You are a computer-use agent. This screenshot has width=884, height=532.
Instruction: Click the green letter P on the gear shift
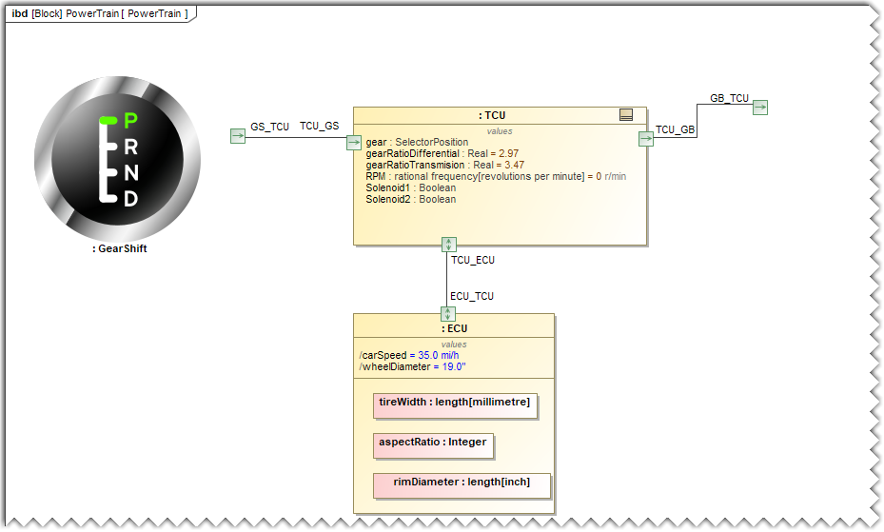(x=131, y=120)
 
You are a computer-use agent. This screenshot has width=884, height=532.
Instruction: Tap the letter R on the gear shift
(x=131, y=147)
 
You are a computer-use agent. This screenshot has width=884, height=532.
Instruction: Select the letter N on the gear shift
(x=131, y=172)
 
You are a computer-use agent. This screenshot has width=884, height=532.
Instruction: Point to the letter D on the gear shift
(x=131, y=199)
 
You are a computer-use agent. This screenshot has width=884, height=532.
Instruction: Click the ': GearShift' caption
(x=120, y=249)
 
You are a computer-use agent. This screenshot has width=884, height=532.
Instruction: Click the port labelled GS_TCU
(x=238, y=136)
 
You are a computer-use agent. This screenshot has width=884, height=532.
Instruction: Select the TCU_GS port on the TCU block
(x=354, y=142)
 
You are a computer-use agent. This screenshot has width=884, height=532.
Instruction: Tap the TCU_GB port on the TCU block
(x=646, y=138)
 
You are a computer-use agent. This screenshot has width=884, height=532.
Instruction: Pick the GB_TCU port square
(x=760, y=108)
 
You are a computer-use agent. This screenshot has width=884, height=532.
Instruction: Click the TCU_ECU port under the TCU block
(x=449, y=245)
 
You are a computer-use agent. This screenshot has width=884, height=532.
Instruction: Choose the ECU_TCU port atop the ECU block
(x=448, y=314)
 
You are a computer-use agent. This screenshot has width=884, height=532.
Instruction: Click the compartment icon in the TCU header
(x=626, y=115)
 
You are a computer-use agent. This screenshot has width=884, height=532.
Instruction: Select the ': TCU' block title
(x=492, y=115)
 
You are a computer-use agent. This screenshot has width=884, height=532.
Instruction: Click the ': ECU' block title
(x=454, y=328)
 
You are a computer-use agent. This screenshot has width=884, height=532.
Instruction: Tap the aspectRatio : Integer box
(x=433, y=443)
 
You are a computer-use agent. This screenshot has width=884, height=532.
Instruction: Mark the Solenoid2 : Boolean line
(x=410, y=199)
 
